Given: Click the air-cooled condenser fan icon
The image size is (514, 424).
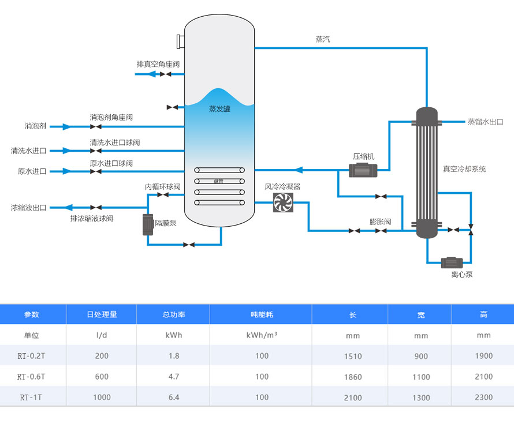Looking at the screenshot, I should [283, 202].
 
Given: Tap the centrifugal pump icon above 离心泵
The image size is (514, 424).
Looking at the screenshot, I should [452, 262].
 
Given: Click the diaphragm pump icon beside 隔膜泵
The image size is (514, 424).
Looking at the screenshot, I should [147, 224].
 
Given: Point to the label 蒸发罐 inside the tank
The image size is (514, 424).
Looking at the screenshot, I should [219, 108].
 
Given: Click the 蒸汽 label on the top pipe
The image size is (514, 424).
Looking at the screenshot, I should [323, 39].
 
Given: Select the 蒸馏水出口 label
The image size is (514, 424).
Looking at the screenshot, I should [485, 122].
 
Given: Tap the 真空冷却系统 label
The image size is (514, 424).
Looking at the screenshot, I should [464, 169].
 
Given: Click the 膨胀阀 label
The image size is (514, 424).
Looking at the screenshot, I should [381, 222].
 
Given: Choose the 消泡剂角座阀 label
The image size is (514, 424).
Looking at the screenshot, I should [111, 117].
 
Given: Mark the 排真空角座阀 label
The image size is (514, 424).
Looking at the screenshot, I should [158, 64].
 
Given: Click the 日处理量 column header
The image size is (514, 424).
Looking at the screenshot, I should [102, 314].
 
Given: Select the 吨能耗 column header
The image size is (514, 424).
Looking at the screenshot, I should [261, 314].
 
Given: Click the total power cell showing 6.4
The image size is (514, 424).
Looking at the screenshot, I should [174, 397].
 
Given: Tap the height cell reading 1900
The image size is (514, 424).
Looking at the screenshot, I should [483, 356].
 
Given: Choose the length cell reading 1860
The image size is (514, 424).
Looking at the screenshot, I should [352, 377].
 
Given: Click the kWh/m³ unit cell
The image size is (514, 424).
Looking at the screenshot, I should [262, 335].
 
